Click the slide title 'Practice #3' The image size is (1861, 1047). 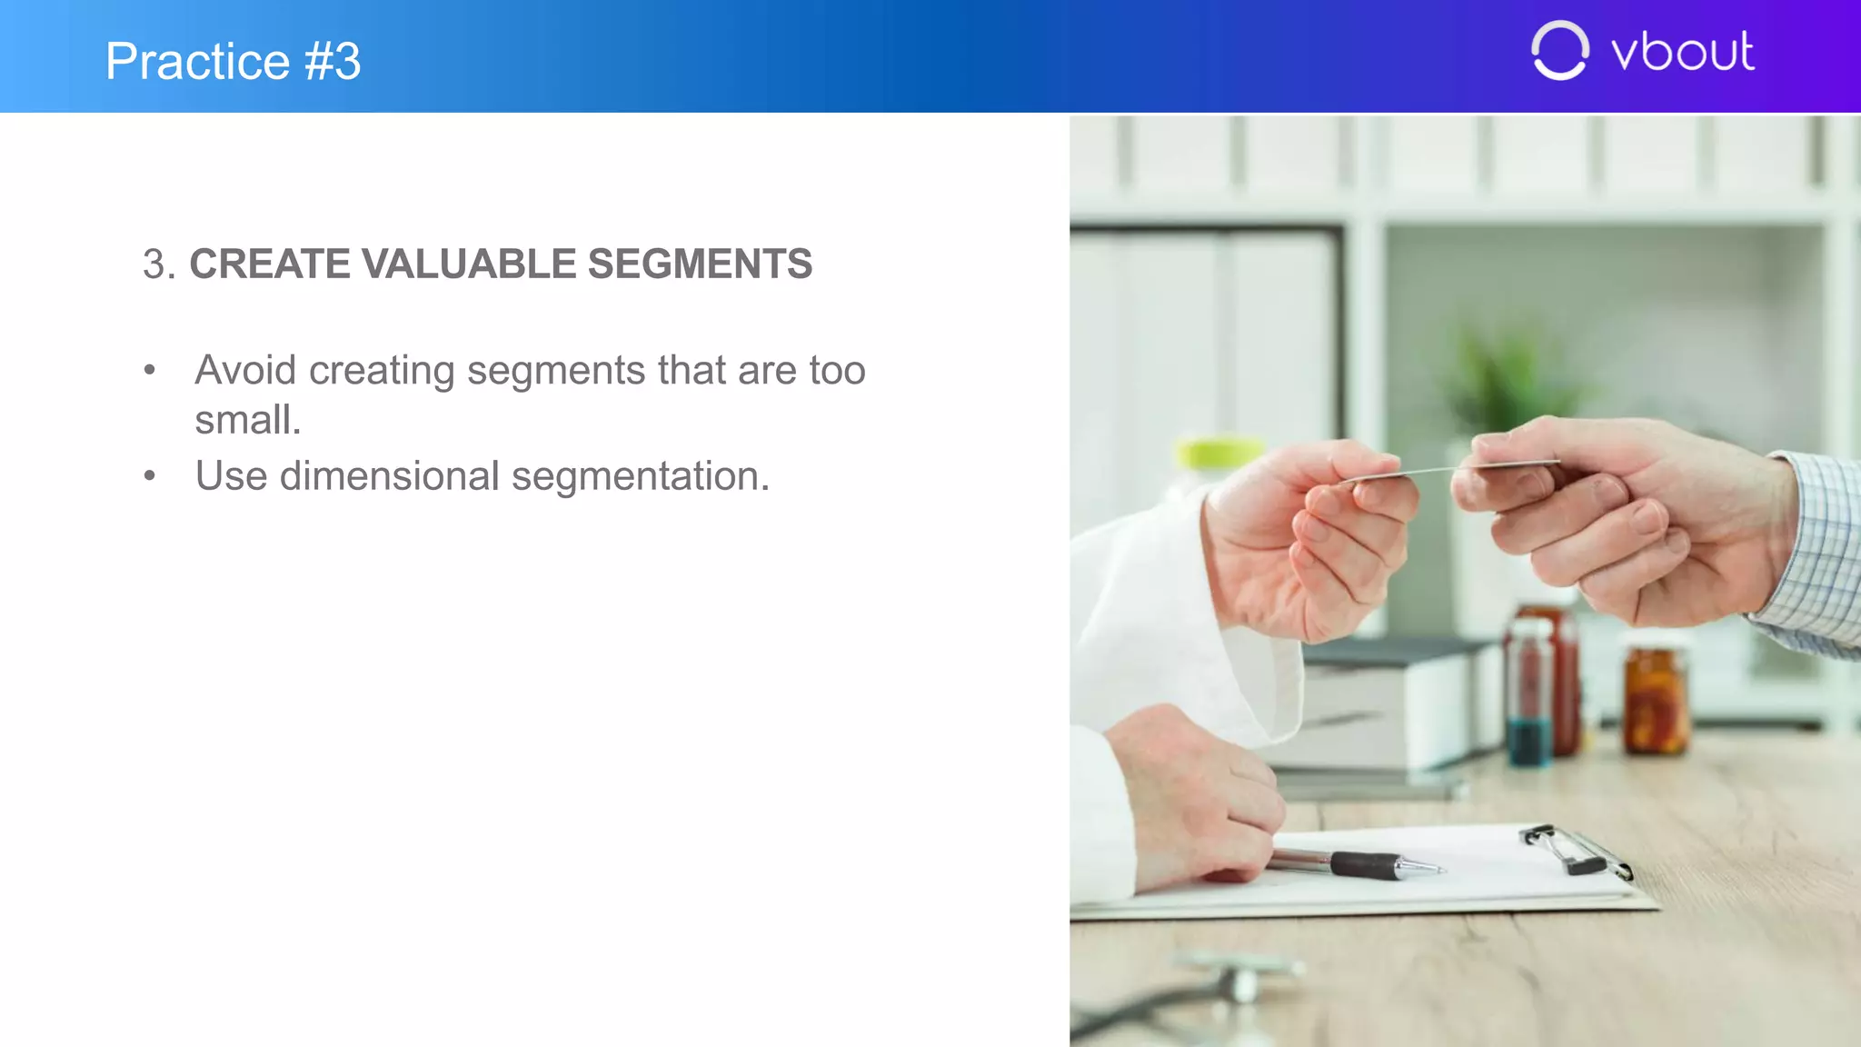[x=233, y=61]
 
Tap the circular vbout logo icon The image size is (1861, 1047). [x=1559, y=51]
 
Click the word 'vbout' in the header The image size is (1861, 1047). [x=1682, y=52]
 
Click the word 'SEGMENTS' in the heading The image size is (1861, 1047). [x=700, y=264]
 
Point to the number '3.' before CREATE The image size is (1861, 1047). [x=158, y=265]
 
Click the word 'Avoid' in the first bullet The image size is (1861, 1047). [x=245, y=371]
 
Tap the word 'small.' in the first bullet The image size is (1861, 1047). [x=247, y=421]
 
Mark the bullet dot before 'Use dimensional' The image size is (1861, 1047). [x=150, y=475]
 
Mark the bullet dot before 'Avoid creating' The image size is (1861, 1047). [x=150, y=370]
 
